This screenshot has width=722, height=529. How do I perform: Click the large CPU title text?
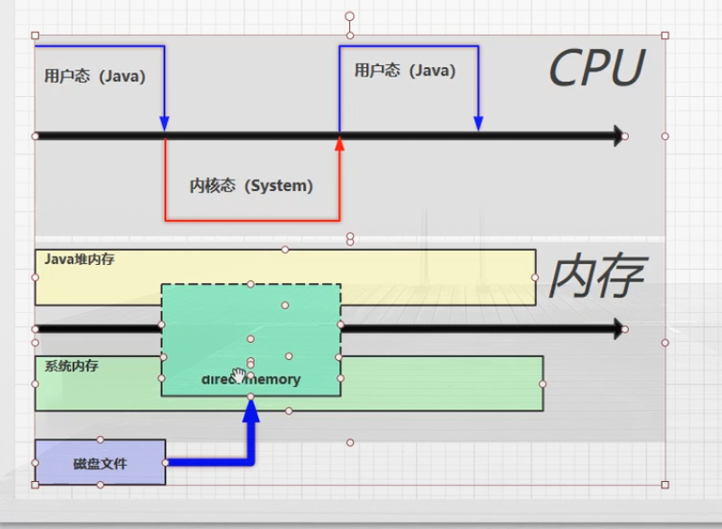click(x=595, y=69)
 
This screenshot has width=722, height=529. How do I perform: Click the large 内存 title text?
click(x=594, y=277)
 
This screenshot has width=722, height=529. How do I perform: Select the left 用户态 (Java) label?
click(x=95, y=77)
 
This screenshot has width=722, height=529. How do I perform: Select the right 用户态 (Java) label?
click(x=405, y=71)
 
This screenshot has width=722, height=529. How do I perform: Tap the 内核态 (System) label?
click(x=251, y=186)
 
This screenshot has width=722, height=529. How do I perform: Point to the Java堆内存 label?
click(x=80, y=259)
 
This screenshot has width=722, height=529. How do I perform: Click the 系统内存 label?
click(x=71, y=366)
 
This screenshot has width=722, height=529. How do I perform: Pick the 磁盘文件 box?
click(x=100, y=464)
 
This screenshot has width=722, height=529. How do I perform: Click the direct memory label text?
click(x=251, y=379)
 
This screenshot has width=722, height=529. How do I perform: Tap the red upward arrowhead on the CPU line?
click(x=339, y=142)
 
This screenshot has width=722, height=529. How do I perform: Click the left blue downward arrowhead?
click(x=165, y=124)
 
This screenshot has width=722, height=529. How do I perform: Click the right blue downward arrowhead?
click(x=478, y=124)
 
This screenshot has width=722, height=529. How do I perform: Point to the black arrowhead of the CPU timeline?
click(x=617, y=136)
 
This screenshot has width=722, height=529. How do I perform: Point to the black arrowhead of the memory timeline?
click(x=617, y=329)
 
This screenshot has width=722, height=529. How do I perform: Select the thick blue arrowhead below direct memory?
click(x=251, y=411)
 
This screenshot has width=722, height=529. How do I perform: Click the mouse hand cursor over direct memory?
click(x=238, y=373)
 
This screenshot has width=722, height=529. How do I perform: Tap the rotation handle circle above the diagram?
click(x=350, y=16)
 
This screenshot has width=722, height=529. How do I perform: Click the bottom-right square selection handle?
click(x=665, y=485)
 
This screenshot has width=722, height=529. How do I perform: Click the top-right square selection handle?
click(x=665, y=36)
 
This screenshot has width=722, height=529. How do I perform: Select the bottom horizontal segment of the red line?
click(x=252, y=221)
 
